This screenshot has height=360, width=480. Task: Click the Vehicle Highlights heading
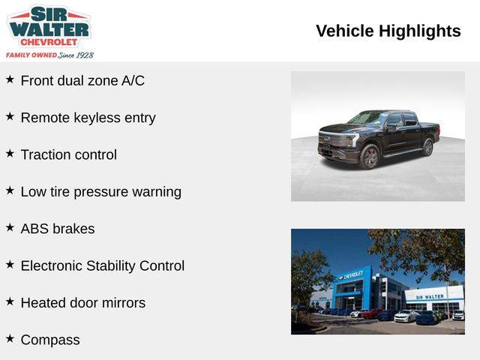pyautogui.click(x=388, y=31)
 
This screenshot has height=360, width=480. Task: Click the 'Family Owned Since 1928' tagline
pyautogui.click(x=49, y=55)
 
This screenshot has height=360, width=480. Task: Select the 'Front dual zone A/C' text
pyautogui.click(x=82, y=81)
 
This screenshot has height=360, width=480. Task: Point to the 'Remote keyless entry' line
pyautogui.click(x=88, y=118)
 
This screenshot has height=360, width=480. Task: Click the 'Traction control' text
pyautogui.click(x=68, y=154)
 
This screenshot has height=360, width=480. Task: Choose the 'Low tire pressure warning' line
pyautogui.click(x=101, y=192)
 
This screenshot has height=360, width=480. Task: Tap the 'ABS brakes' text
pyautogui.click(x=58, y=229)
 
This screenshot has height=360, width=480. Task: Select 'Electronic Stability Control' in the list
pyautogui.click(x=103, y=265)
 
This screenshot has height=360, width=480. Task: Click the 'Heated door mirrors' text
pyautogui.click(x=83, y=303)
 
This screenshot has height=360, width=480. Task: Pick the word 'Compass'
pyautogui.click(x=50, y=340)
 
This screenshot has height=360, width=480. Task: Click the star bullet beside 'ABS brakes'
pyautogui.click(x=10, y=227)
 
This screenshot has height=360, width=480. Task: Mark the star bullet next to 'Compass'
pyautogui.click(x=10, y=338)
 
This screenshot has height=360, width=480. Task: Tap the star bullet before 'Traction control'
pyautogui.click(x=10, y=153)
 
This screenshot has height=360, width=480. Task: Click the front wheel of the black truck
pyautogui.click(x=370, y=157)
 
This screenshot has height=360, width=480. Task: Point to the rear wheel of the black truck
pyautogui.click(x=427, y=147)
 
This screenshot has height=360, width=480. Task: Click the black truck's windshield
pyautogui.click(x=367, y=118)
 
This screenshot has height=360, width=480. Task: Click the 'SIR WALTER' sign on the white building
pyautogui.click(x=430, y=297)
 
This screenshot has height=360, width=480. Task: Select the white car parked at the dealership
pyautogui.click(x=405, y=316)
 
